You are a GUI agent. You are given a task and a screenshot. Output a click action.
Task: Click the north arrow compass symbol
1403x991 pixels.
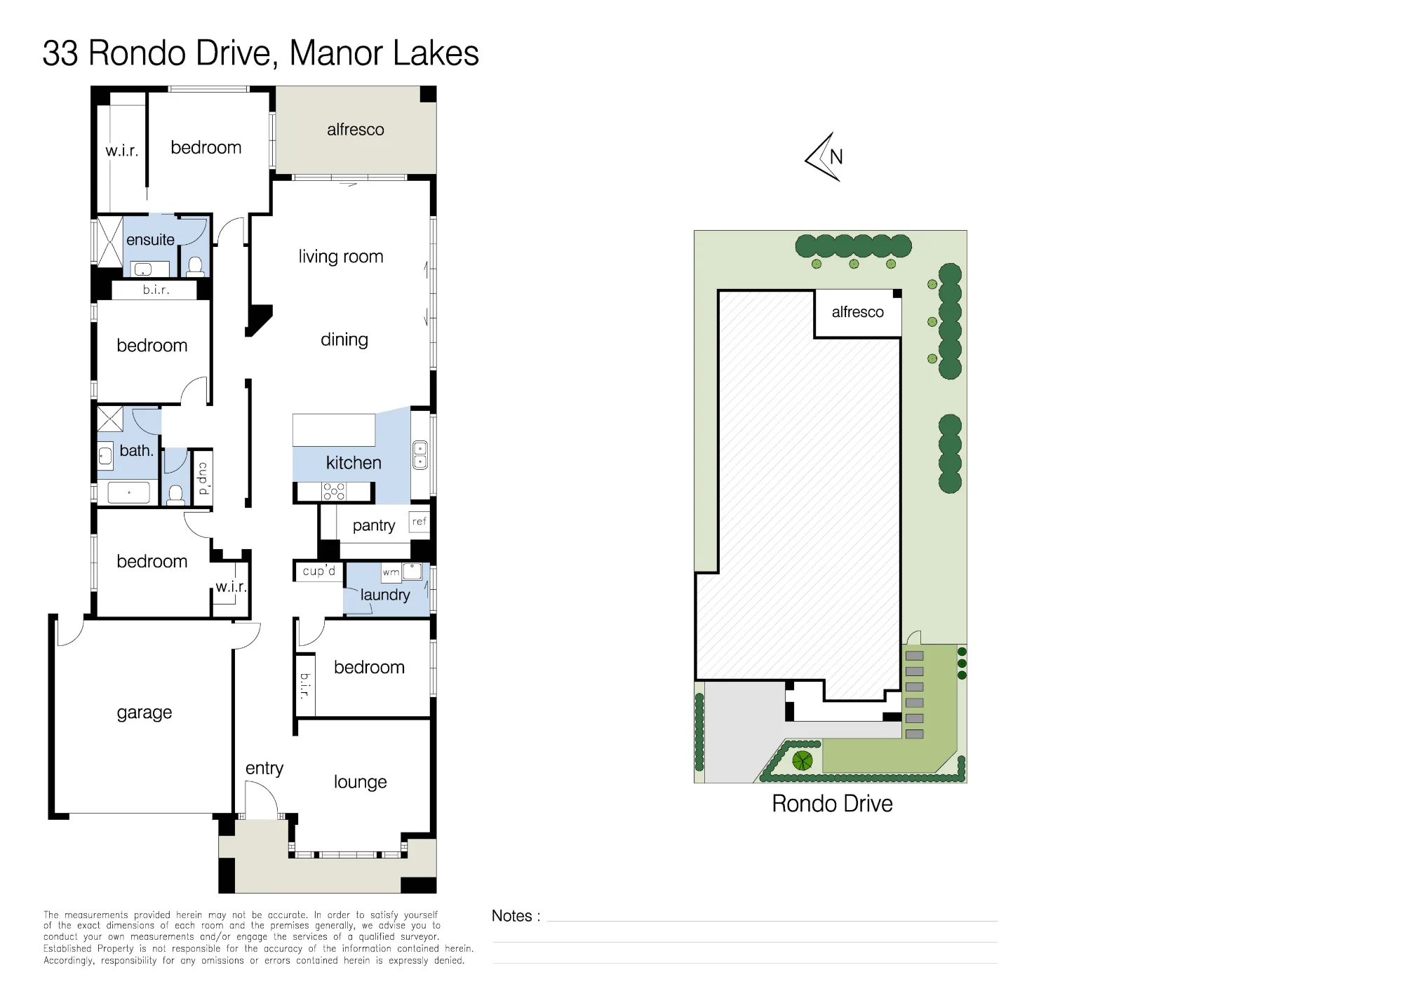[x=824, y=157]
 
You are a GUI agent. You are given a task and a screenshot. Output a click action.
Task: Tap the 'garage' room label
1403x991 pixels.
[x=145, y=713]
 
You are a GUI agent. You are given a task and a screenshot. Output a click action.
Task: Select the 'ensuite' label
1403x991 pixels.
[x=150, y=240]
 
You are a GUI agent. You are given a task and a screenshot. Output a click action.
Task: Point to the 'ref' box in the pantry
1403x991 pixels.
[x=419, y=522]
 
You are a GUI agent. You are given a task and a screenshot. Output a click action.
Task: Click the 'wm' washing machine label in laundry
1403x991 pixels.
[x=391, y=572]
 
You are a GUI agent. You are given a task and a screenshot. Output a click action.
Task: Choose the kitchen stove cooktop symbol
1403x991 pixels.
[x=334, y=492]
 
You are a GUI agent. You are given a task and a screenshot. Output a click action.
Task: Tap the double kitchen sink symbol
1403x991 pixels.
[x=420, y=454]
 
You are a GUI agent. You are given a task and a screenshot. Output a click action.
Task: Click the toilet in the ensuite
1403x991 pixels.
[x=196, y=267]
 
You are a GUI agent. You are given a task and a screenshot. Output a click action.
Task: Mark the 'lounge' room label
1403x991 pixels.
[x=360, y=782]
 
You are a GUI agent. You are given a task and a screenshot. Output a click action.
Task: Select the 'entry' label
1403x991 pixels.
[x=264, y=769]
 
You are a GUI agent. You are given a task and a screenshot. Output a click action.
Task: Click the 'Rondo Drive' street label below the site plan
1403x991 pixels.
[x=832, y=804]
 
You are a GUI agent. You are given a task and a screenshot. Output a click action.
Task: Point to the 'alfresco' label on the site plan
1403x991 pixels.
[x=857, y=312]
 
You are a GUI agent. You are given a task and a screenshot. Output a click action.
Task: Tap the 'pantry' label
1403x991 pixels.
[x=374, y=526]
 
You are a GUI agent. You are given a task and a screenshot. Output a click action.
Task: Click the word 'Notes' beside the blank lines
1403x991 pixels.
[x=511, y=916]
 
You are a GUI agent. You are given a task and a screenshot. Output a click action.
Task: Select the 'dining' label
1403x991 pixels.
[x=344, y=340]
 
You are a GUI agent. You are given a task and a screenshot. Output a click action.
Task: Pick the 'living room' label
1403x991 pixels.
[x=341, y=257]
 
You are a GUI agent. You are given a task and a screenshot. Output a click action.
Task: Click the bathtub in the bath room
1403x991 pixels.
[x=129, y=492]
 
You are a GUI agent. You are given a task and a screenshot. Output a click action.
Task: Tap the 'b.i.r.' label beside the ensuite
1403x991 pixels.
[x=156, y=290]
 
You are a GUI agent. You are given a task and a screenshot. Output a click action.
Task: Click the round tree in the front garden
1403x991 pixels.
[x=803, y=760]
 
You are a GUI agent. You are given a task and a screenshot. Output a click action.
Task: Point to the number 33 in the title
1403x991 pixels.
[x=60, y=53]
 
